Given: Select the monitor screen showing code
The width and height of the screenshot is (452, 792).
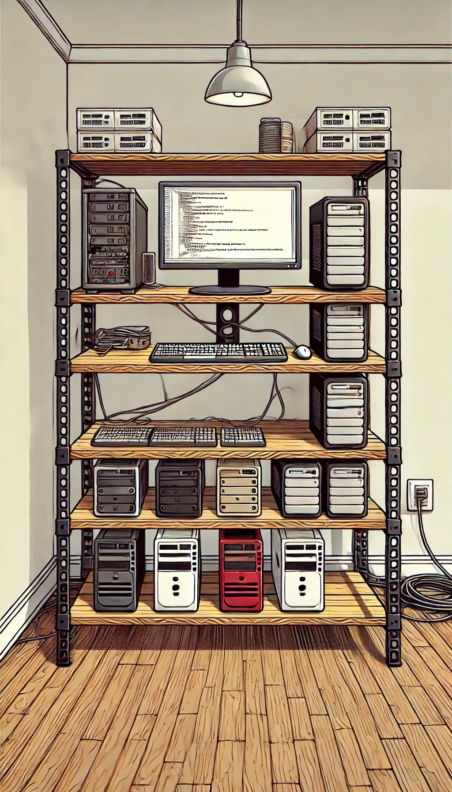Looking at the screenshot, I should coord(230,224).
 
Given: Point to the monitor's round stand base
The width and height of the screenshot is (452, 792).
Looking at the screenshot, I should coord(230,290).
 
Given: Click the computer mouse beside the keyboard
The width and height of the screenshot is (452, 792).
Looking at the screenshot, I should coord(303,352).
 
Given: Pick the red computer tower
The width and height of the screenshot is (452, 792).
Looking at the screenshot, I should coord(241,570).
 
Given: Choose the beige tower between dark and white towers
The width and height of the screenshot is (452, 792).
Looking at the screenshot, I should coord(239,487).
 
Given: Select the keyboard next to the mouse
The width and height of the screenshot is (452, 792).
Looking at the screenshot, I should coord(218,353).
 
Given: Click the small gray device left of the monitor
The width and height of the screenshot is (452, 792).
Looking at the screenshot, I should coord(149,268).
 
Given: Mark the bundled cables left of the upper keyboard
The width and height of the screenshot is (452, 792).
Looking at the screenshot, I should coord(123,338).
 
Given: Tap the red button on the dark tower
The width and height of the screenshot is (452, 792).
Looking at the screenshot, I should coord(111,273).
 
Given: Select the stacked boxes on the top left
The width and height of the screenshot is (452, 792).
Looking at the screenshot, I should coord(119,130).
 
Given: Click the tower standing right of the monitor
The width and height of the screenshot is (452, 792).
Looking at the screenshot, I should coord(339,243).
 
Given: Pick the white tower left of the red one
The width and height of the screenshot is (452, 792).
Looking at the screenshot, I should coord(177,570).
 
